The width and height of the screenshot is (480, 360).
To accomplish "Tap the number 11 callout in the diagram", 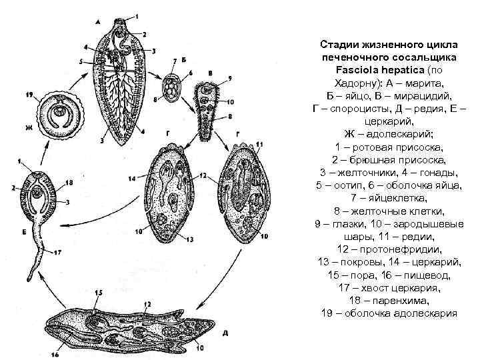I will (x=259, y=144).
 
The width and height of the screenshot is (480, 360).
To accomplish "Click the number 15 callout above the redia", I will (x=99, y=291).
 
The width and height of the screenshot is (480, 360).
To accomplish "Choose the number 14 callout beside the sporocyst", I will (x=132, y=178).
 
